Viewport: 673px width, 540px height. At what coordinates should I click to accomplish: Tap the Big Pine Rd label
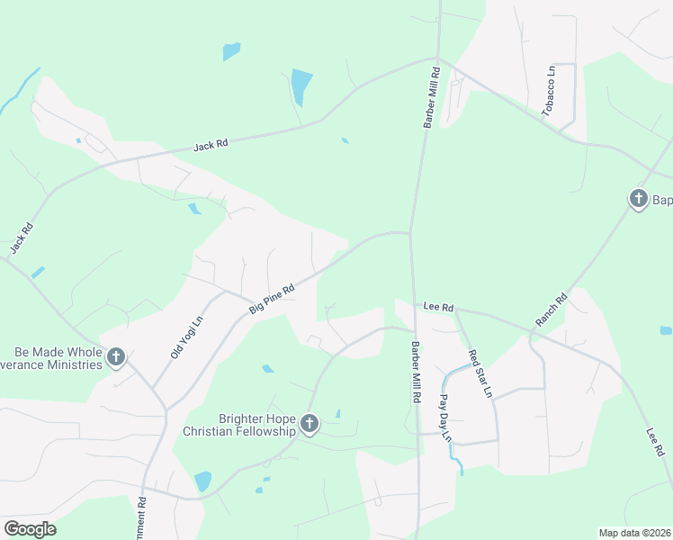(x=272, y=301)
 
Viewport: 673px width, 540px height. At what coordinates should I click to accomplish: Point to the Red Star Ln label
(x=480, y=374)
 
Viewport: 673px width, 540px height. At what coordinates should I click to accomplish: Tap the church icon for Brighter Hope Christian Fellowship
(x=310, y=423)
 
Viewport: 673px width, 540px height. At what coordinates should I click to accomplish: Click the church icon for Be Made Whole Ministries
(x=115, y=357)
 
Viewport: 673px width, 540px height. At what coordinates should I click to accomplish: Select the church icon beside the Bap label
(x=639, y=198)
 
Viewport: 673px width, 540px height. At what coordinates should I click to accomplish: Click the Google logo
(x=30, y=529)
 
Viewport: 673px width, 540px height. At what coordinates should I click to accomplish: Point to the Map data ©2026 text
(x=634, y=533)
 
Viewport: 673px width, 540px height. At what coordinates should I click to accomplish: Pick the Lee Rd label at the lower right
(x=654, y=441)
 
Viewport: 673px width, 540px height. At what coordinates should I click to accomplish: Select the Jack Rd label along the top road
(x=211, y=144)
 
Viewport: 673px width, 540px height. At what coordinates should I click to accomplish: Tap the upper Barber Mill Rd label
(x=430, y=97)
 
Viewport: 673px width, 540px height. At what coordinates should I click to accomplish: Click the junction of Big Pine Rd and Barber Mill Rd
(x=410, y=234)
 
